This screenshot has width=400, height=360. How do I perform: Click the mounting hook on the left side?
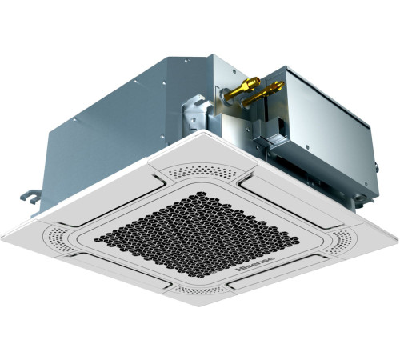click(x=28, y=194)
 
